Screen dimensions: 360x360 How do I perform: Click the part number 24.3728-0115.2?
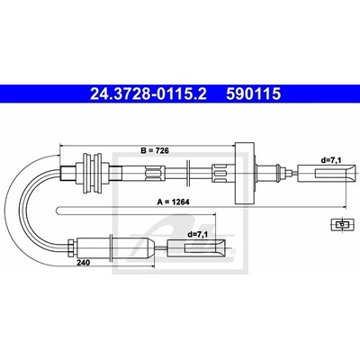pyautogui.click(x=148, y=94)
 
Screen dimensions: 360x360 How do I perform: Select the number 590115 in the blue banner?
pyautogui.click(x=254, y=94)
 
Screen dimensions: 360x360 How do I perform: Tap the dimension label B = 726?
pyautogui.click(x=155, y=150)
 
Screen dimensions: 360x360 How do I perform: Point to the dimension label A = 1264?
pyautogui.click(x=174, y=202)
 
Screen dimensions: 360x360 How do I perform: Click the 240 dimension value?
pyautogui.click(x=84, y=263)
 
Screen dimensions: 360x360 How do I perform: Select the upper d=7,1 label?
pyautogui.click(x=331, y=160)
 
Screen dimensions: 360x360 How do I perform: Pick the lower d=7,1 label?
pyautogui.click(x=197, y=235)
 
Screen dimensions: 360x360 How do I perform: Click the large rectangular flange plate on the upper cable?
pyautogui.click(x=245, y=173)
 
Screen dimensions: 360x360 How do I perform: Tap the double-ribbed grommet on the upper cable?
pyautogui.click(x=93, y=173)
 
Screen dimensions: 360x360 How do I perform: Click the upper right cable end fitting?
pyautogui.click(x=328, y=174)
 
